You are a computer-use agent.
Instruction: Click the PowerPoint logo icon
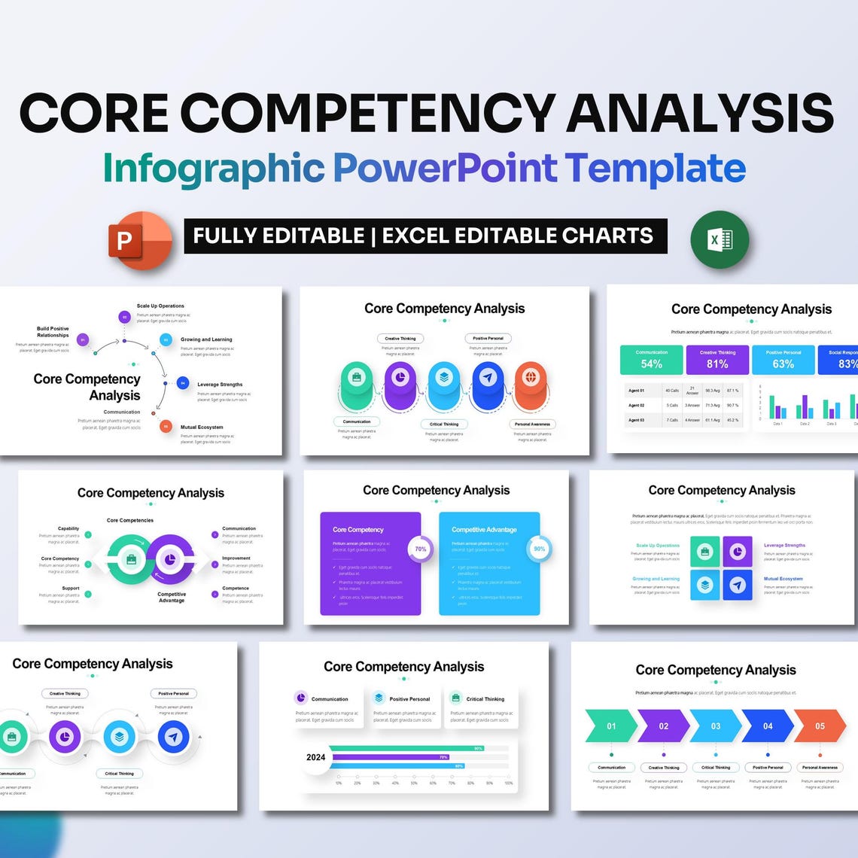point(140,239)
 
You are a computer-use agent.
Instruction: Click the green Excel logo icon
point(720,239)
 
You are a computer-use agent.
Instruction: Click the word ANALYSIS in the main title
point(700,113)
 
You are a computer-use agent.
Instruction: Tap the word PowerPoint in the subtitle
point(445,168)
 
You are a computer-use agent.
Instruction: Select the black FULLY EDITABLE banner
point(425,236)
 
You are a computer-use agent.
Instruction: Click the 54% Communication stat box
point(651,360)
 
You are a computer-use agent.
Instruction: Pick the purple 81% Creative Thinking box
point(717,360)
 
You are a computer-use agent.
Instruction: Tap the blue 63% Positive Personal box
point(783,360)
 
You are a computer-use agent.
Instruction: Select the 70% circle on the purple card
point(420,549)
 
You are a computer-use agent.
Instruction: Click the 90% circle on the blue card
point(539,549)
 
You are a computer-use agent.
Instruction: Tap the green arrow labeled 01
point(611,726)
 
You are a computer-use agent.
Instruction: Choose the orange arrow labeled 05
point(820,726)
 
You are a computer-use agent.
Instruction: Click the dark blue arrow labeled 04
point(768,726)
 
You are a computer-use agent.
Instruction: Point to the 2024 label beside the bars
point(316,757)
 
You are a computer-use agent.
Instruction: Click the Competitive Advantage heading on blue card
point(484,529)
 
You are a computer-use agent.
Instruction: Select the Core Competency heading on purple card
point(358,529)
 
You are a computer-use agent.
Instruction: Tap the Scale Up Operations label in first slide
point(160,306)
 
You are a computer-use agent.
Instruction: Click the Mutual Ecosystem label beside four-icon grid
point(783,579)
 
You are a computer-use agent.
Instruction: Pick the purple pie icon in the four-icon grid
point(738,552)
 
